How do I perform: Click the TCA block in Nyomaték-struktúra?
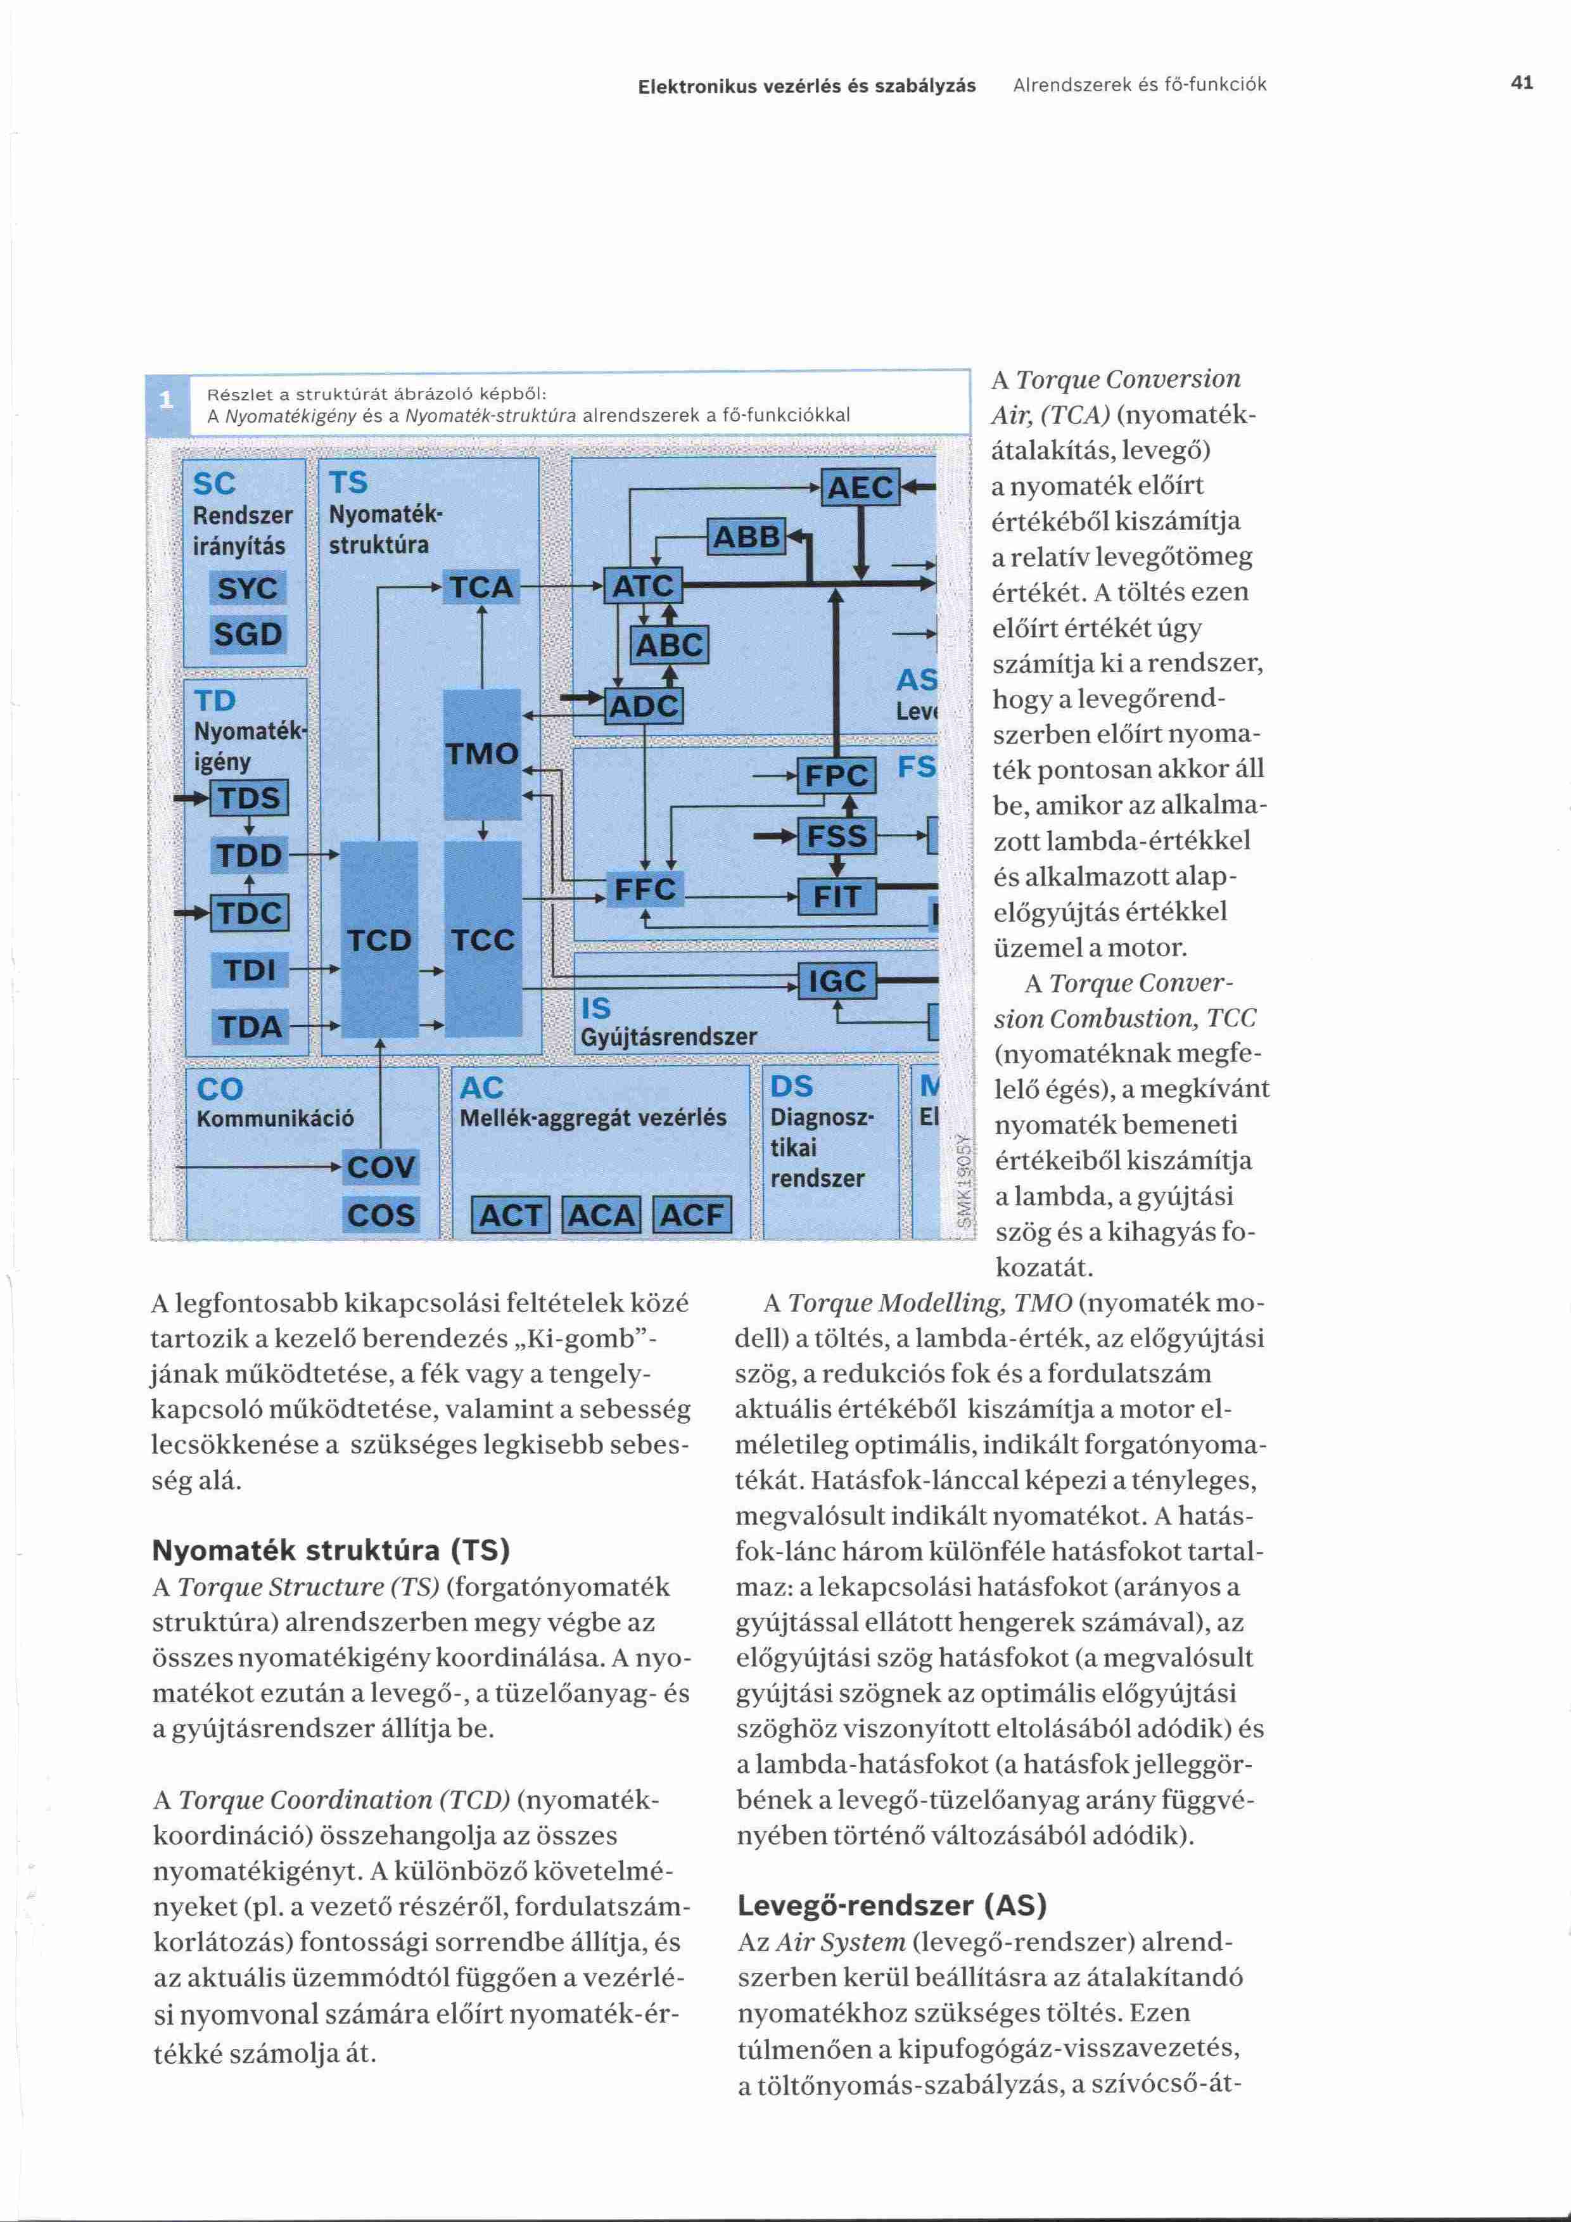481,587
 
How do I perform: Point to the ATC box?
644,585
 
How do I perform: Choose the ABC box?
670,644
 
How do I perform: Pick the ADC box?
644,706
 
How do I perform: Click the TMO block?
481,753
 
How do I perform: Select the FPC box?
836,775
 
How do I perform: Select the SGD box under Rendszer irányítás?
248,635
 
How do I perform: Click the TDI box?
250,969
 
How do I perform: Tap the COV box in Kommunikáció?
381,1167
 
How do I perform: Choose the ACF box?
692,1215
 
